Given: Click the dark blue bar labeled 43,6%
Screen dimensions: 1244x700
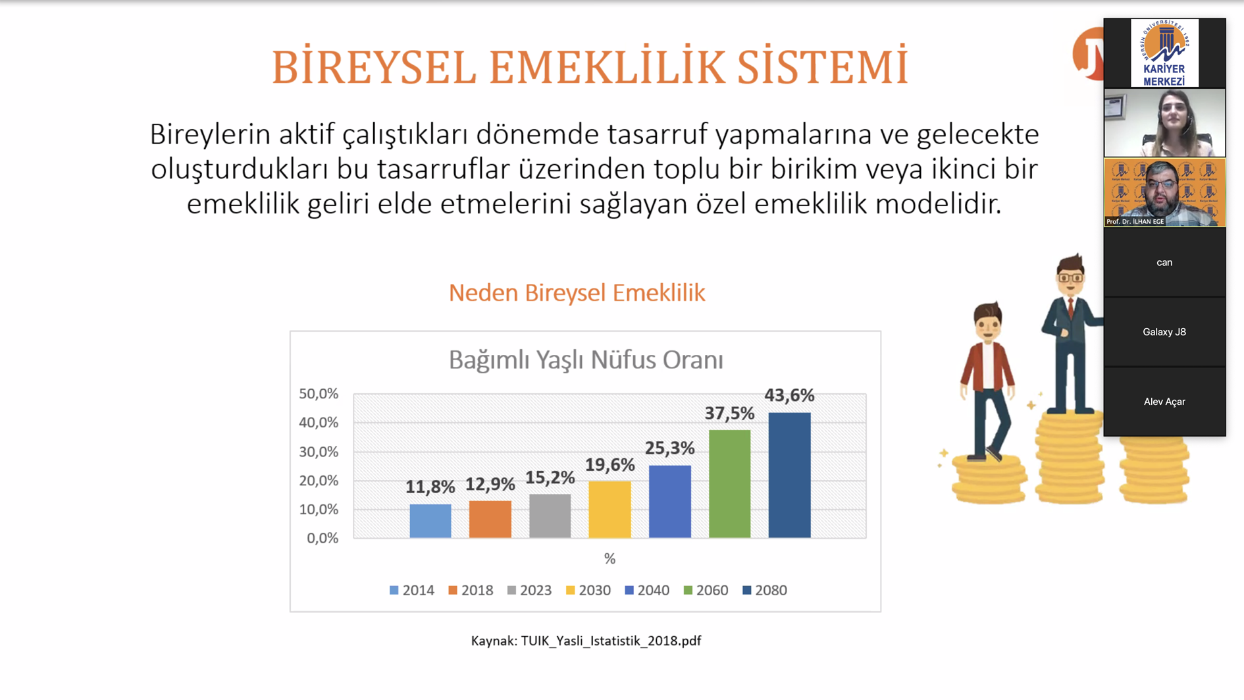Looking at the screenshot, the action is [x=789, y=475].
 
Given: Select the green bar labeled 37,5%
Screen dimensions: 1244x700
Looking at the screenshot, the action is [x=729, y=484].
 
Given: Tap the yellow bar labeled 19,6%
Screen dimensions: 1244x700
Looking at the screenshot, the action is [x=609, y=510].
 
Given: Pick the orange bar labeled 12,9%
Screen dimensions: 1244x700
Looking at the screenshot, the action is [x=490, y=520].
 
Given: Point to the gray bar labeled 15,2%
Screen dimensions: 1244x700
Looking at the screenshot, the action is [x=550, y=516].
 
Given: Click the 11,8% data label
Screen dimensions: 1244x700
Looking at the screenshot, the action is [x=430, y=487].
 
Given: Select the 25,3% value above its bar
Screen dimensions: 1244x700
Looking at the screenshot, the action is [x=669, y=448].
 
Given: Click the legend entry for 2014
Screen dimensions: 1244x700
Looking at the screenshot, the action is [x=412, y=590].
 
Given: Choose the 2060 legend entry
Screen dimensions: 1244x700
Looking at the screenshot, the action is [x=706, y=590].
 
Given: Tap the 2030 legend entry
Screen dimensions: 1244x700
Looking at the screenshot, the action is [x=588, y=590].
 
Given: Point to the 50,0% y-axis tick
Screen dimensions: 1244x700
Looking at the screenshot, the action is [x=319, y=394].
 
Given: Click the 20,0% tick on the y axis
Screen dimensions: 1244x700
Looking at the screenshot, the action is [x=319, y=481].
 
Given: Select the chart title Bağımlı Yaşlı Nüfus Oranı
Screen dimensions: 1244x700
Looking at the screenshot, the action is [x=586, y=360].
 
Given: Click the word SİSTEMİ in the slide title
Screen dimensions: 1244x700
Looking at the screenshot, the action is [x=822, y=67].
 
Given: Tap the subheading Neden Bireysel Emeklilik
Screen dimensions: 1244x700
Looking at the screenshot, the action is [x=577, y=293].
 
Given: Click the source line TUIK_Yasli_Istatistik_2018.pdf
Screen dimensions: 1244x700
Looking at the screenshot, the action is [x=611, y=641].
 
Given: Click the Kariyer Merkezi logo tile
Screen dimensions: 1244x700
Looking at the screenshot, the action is [x=1164, y=53].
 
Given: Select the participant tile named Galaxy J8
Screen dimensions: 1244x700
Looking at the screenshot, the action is [x=1164, y=332].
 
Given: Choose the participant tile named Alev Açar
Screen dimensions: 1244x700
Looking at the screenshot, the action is [x=1164, y=402].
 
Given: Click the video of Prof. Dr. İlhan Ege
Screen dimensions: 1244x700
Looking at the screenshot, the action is [x=1164, y=192].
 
